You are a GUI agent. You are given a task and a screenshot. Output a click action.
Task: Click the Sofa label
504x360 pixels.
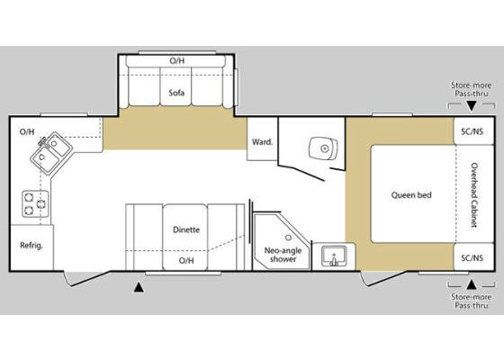tap(176, 93)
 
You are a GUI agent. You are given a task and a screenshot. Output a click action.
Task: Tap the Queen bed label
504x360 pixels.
tap(411, 194)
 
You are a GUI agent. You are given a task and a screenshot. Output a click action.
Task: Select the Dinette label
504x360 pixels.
tap(186, 229)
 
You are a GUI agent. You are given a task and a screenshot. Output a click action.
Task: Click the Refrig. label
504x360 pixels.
tap(31, 246)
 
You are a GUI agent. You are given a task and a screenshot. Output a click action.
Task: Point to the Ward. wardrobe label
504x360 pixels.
tap(262, 142)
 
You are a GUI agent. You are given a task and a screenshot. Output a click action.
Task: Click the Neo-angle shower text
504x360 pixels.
tap(283, 255)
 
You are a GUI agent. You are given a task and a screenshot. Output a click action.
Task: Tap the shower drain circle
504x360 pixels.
tap(288, 238)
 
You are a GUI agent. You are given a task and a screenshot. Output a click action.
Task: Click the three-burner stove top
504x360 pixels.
tap(35, 203)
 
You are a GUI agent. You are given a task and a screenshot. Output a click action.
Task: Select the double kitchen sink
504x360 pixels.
tap(51, 153)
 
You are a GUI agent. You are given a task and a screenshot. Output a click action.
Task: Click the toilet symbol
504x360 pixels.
tap(323, 148)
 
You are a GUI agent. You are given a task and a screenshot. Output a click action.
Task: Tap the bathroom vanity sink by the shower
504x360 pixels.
tap(334, 256)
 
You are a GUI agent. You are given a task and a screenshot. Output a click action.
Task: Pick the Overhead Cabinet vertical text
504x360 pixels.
tap(474, 194)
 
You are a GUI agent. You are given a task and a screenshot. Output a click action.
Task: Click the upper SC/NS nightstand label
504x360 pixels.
tap(472, 131)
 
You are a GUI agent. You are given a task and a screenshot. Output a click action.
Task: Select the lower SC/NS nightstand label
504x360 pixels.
tap(472, 257)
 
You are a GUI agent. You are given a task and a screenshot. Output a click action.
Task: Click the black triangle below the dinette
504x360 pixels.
tap(139, 288)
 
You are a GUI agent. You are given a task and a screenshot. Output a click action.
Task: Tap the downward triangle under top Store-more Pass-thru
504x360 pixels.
tap(472, 106)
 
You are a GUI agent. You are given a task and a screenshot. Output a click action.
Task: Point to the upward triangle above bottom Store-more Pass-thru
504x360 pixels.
tap(472, 284)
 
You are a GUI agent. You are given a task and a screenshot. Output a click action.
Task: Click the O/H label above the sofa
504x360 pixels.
tap(177, 61)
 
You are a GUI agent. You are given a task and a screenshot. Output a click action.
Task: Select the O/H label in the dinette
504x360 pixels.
tap(186, 260)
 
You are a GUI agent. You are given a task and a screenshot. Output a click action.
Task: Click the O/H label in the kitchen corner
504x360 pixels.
tap(27, 131)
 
